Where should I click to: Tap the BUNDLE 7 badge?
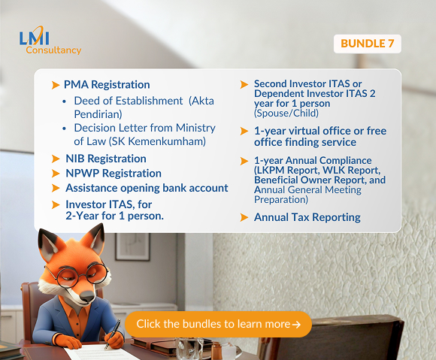tap(367, 44)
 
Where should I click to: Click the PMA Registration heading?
tap(107, 84)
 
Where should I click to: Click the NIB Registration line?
tap(104, 159)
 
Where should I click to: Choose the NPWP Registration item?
tap(112, 173)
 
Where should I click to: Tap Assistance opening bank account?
tap(146, 188)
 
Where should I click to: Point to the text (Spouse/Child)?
tap(286, 113)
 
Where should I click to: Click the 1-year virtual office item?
tap(319, 136)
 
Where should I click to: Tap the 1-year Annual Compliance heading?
tap(313, 160)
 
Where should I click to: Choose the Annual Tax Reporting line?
tap(307, 217)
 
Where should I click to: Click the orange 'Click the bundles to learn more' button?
tap(218, 324)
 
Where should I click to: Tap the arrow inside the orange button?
tap(296, 325)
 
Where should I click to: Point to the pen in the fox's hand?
tap(114, 330)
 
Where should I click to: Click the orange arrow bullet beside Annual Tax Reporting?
tap(244, 217)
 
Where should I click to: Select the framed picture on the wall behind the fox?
tap(132, 247)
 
